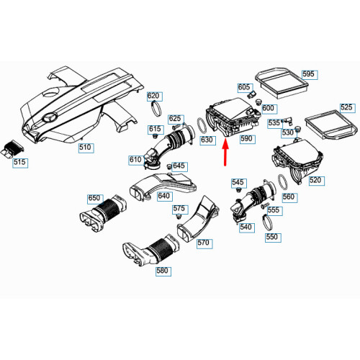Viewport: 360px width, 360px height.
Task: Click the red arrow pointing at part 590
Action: click(x=225, y=153)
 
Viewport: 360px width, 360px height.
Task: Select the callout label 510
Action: click(x=86, y=148)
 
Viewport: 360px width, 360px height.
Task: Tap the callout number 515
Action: click(x=20, y=163)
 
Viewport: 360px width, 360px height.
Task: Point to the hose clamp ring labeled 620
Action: click(x=156, y=109)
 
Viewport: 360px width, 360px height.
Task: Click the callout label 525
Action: click(x=348, y=108)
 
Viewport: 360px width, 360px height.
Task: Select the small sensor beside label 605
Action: click(x=251, y=94)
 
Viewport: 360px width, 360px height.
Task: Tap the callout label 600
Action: click(x=269, y=109)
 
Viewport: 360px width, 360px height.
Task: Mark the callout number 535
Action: click(x=274, y=124)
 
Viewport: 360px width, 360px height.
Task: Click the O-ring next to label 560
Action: click(x=283, y=182)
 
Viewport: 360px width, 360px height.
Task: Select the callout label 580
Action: click(x=163, y=271)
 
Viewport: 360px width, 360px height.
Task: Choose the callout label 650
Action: click(x=95, y=199)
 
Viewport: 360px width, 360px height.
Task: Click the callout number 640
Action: click(x=164, y=197)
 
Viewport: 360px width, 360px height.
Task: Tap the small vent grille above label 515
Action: click(x=14, y=148)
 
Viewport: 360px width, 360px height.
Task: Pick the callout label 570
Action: click(x=204, y=243)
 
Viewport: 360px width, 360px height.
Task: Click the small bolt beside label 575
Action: click(x=178, y=217)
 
